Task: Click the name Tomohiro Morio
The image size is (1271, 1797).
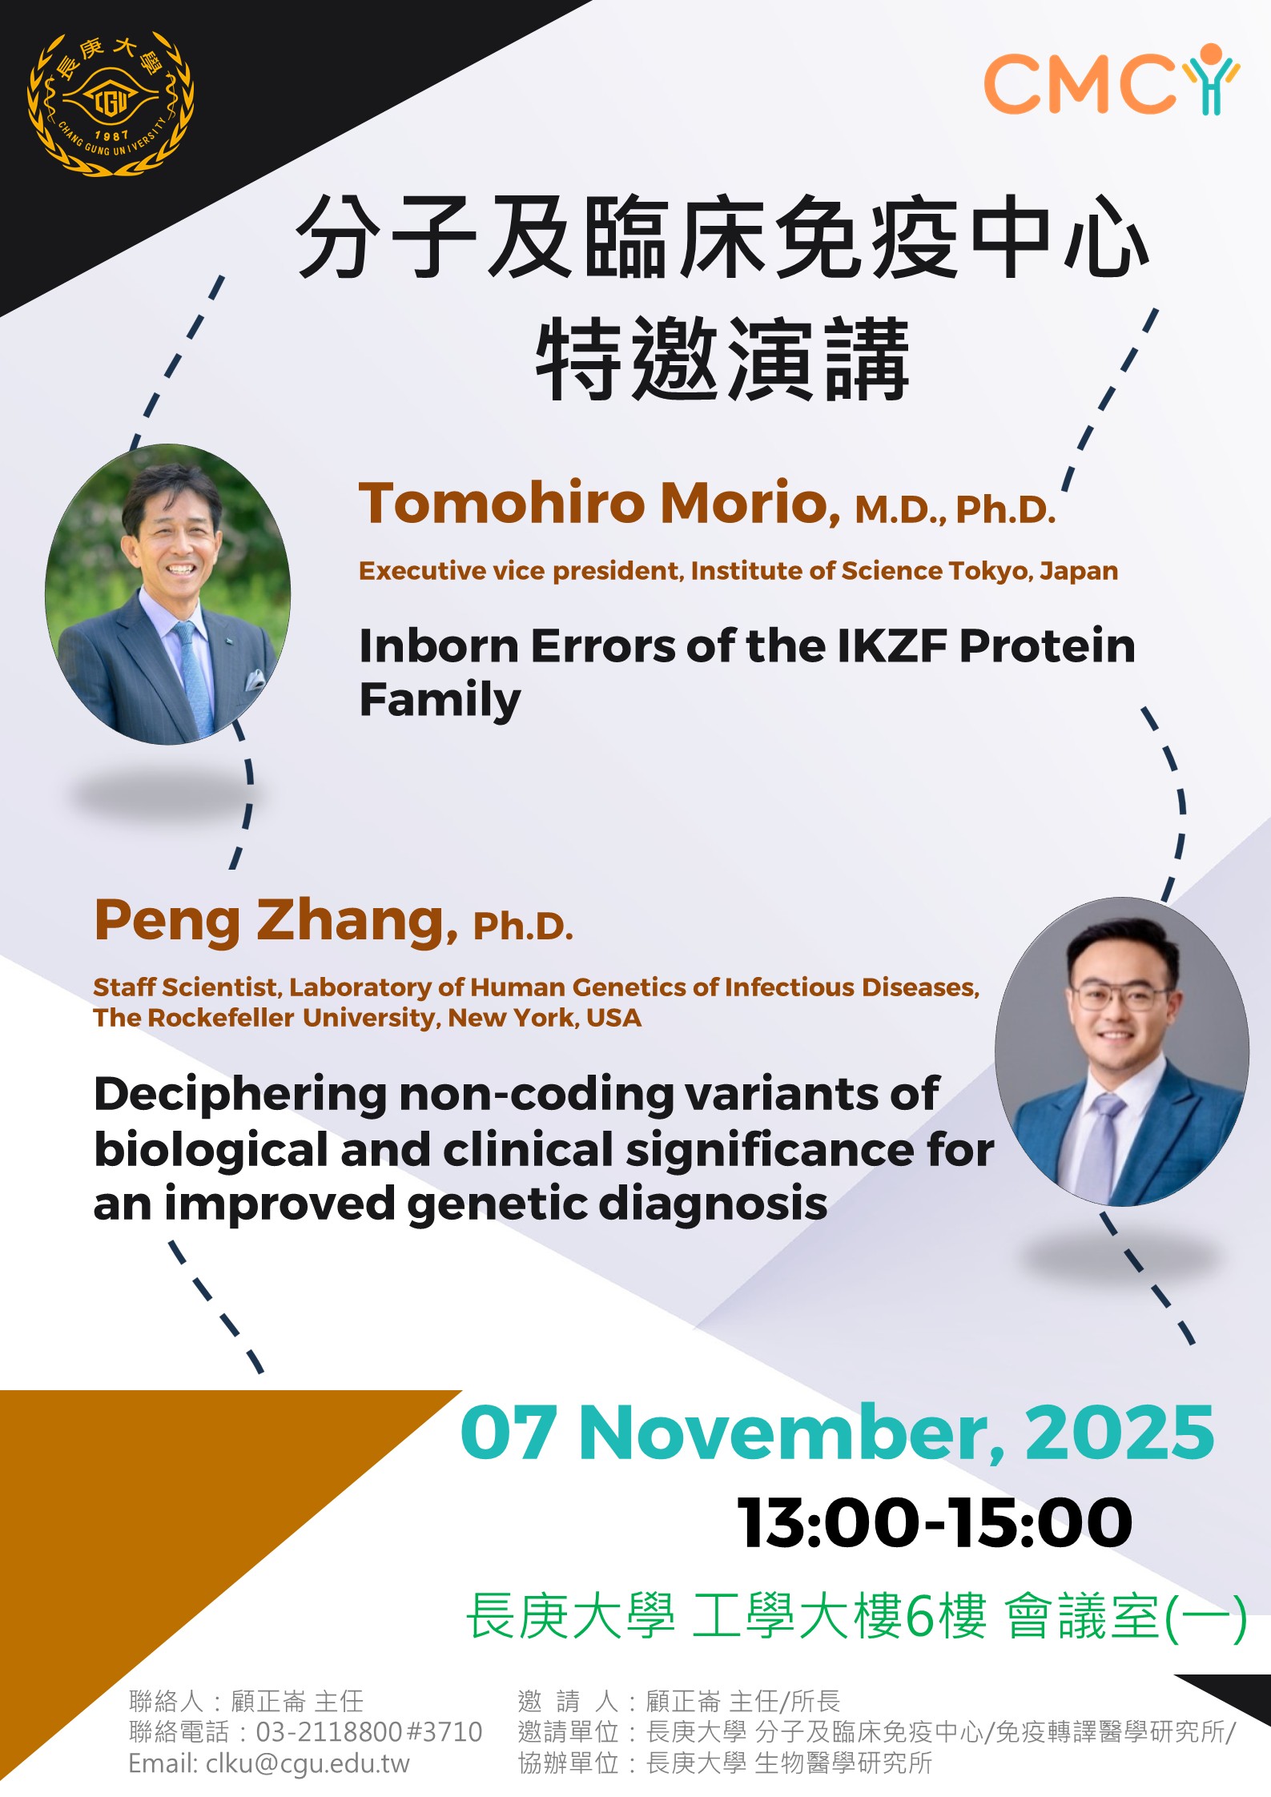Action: coord(599,503)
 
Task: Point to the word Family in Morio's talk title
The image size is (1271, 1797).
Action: coord(440,700)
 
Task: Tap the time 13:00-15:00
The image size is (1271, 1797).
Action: coord(934,1522)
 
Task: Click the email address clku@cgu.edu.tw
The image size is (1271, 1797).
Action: coord(308,1763)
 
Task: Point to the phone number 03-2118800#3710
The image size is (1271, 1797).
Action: coord(369,1732)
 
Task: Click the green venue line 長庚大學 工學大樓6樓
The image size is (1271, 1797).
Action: coord(726,1617)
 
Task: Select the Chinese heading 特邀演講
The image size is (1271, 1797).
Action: coord(723,360)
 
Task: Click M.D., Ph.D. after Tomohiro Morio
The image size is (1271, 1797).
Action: coord(955,510)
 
